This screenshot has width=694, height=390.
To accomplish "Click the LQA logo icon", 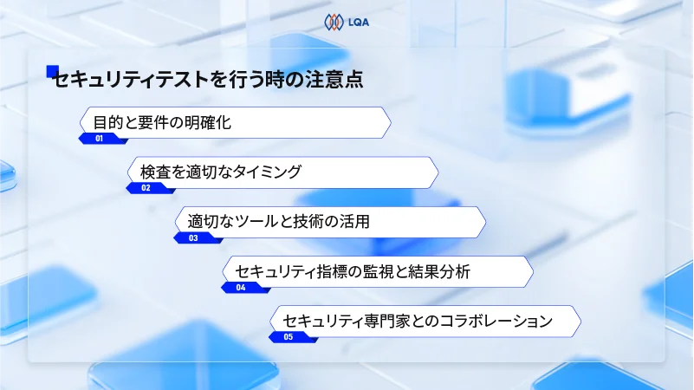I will click(334, 22).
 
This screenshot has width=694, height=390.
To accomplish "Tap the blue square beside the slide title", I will click(52, 72).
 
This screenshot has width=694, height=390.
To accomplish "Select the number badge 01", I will click(100, 139).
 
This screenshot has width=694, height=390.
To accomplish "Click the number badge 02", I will click(146, 188).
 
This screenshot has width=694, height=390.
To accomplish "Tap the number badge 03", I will click(193, 238).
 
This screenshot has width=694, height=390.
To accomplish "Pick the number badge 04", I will click(241, 288).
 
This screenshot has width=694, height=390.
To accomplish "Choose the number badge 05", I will click(289, 337).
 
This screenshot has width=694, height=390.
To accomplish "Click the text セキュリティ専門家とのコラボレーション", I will click(418, 321).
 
